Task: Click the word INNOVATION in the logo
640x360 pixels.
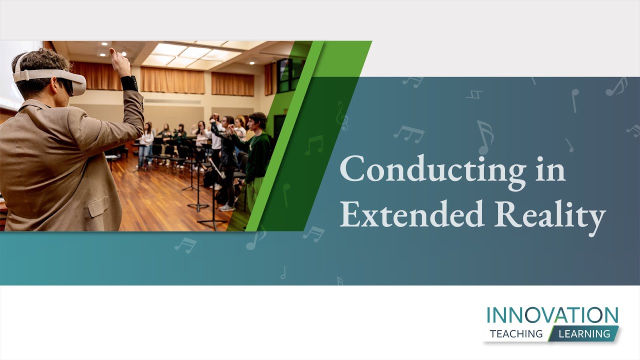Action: pos(552,315)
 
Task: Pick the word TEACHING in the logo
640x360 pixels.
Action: pos(516,333)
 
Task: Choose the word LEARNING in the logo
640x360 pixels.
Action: pos(584,333)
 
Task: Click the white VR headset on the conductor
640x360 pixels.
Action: pos(50,77)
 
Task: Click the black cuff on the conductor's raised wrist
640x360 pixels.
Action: pos(129,83)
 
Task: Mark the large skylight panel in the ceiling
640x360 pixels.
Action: pos(192,54)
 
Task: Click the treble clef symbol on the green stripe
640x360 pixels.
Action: pos(342,116)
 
